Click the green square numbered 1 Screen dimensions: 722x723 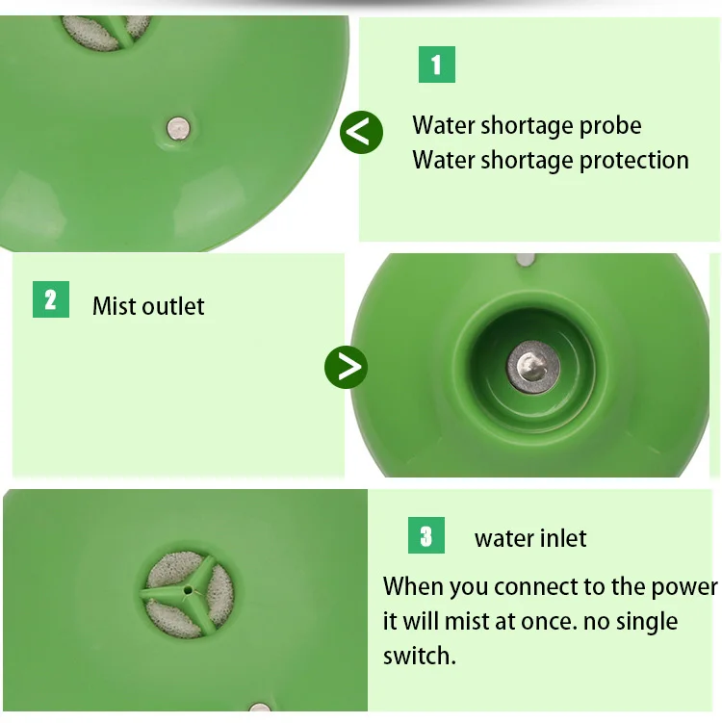coord(437,65)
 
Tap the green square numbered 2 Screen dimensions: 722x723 coord(51,299)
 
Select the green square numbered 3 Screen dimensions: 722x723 coord(426,535)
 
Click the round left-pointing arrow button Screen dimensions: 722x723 coord(361,132)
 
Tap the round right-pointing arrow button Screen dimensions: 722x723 coord(347,367)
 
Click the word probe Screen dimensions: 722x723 coord(610,127)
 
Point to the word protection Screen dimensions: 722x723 coord(634,162)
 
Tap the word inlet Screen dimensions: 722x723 coord(562,538)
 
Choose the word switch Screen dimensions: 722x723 coord(420,656)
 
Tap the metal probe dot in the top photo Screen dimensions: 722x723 coord(178,128)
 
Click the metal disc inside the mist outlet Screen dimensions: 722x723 coord(533,367)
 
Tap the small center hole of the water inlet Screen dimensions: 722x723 coord(188,590)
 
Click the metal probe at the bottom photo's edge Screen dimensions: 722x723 coord(260,707)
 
